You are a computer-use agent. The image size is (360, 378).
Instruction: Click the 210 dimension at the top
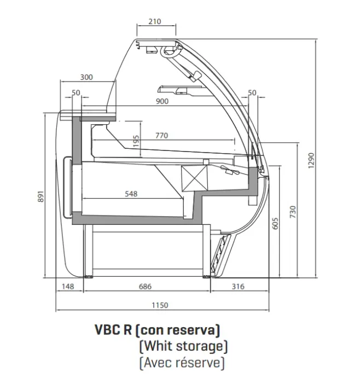click(155, 22)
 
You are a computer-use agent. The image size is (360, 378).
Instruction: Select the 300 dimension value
click(86, 77)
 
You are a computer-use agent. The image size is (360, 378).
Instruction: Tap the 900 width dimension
click(161, 101)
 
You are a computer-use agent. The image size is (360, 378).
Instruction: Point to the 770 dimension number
click(161, 135)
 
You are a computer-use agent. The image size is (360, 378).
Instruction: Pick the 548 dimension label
click(131, 193)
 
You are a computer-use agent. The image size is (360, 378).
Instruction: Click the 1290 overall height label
click(311, 159)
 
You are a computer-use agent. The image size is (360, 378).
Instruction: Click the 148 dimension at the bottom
click(68, 286)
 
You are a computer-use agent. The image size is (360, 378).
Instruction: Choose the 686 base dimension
click(145, 286)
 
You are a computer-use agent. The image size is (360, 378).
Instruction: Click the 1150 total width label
click(160, 305)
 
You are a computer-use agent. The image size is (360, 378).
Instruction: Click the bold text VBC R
click(113, 330)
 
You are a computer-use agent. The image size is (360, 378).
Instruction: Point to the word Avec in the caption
click(156, 362)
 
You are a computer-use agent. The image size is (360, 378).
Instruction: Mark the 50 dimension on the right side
click(252, 92)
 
